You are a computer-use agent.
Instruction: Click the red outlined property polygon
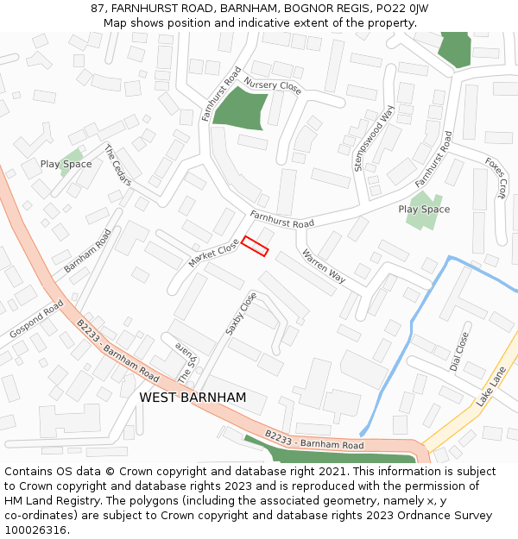pos(255,246)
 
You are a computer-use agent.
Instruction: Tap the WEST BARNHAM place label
pos(193,398)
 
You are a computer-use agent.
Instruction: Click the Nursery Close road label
pos(272,85)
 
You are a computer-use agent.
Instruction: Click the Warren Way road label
pos(324,266)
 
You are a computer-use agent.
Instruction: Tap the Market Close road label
pos(213,253)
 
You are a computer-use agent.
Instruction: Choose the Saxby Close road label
pos(241,313)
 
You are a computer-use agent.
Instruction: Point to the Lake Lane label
pos(491,387)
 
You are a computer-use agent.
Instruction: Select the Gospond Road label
pos(37,319)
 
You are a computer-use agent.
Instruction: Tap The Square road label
pos(187,363)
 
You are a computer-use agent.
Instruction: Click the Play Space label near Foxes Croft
pos(424,210)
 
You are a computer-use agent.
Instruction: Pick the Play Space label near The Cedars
pos(66,164)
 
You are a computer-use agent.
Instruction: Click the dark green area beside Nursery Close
pos(237,108)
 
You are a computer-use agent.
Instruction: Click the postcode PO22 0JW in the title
pos(403,9)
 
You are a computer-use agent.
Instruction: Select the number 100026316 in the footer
pos(35,530)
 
